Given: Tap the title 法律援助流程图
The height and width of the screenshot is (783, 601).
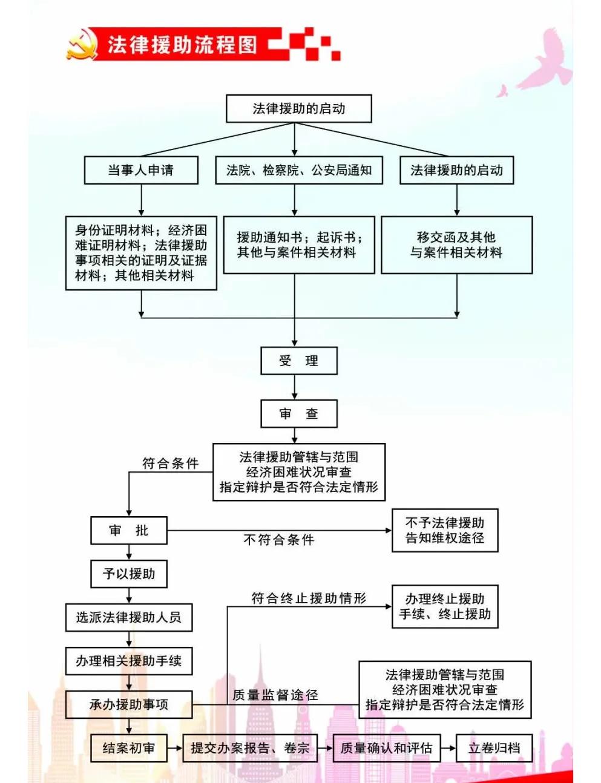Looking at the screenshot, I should pos(182,45).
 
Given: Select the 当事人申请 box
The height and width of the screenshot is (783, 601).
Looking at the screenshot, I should pos(141,171).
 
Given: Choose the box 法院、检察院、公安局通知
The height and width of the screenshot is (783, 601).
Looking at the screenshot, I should pos(299,171).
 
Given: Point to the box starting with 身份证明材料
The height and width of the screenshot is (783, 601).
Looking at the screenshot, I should pos(141,253).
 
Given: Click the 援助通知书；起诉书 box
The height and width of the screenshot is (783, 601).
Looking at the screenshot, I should pos(299,245).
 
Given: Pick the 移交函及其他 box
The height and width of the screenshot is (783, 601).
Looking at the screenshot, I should pos(456,245).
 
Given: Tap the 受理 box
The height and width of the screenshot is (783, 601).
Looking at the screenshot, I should pos(298,361).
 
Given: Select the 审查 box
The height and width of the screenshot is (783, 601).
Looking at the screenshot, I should pos(298,414).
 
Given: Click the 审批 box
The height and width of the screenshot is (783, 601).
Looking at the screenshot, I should pos(128,531).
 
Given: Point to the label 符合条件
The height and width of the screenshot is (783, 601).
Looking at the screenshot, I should pos(170,464).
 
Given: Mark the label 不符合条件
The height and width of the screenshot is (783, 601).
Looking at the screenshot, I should pos(278,540).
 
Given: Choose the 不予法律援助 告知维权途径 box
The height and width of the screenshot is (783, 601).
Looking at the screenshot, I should pos(445,530).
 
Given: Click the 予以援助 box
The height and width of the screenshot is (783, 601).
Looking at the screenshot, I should pos(128,574).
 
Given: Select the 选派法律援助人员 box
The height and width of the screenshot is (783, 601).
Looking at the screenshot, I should pos(128,617).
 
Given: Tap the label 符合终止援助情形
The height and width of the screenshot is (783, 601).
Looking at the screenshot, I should pos(309,598).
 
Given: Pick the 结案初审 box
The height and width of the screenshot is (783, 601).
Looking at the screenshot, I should pos(128,749).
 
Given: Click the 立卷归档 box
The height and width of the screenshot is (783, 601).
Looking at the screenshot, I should pos(494,749).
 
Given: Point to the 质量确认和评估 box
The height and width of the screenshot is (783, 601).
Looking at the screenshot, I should pos(386,749).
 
